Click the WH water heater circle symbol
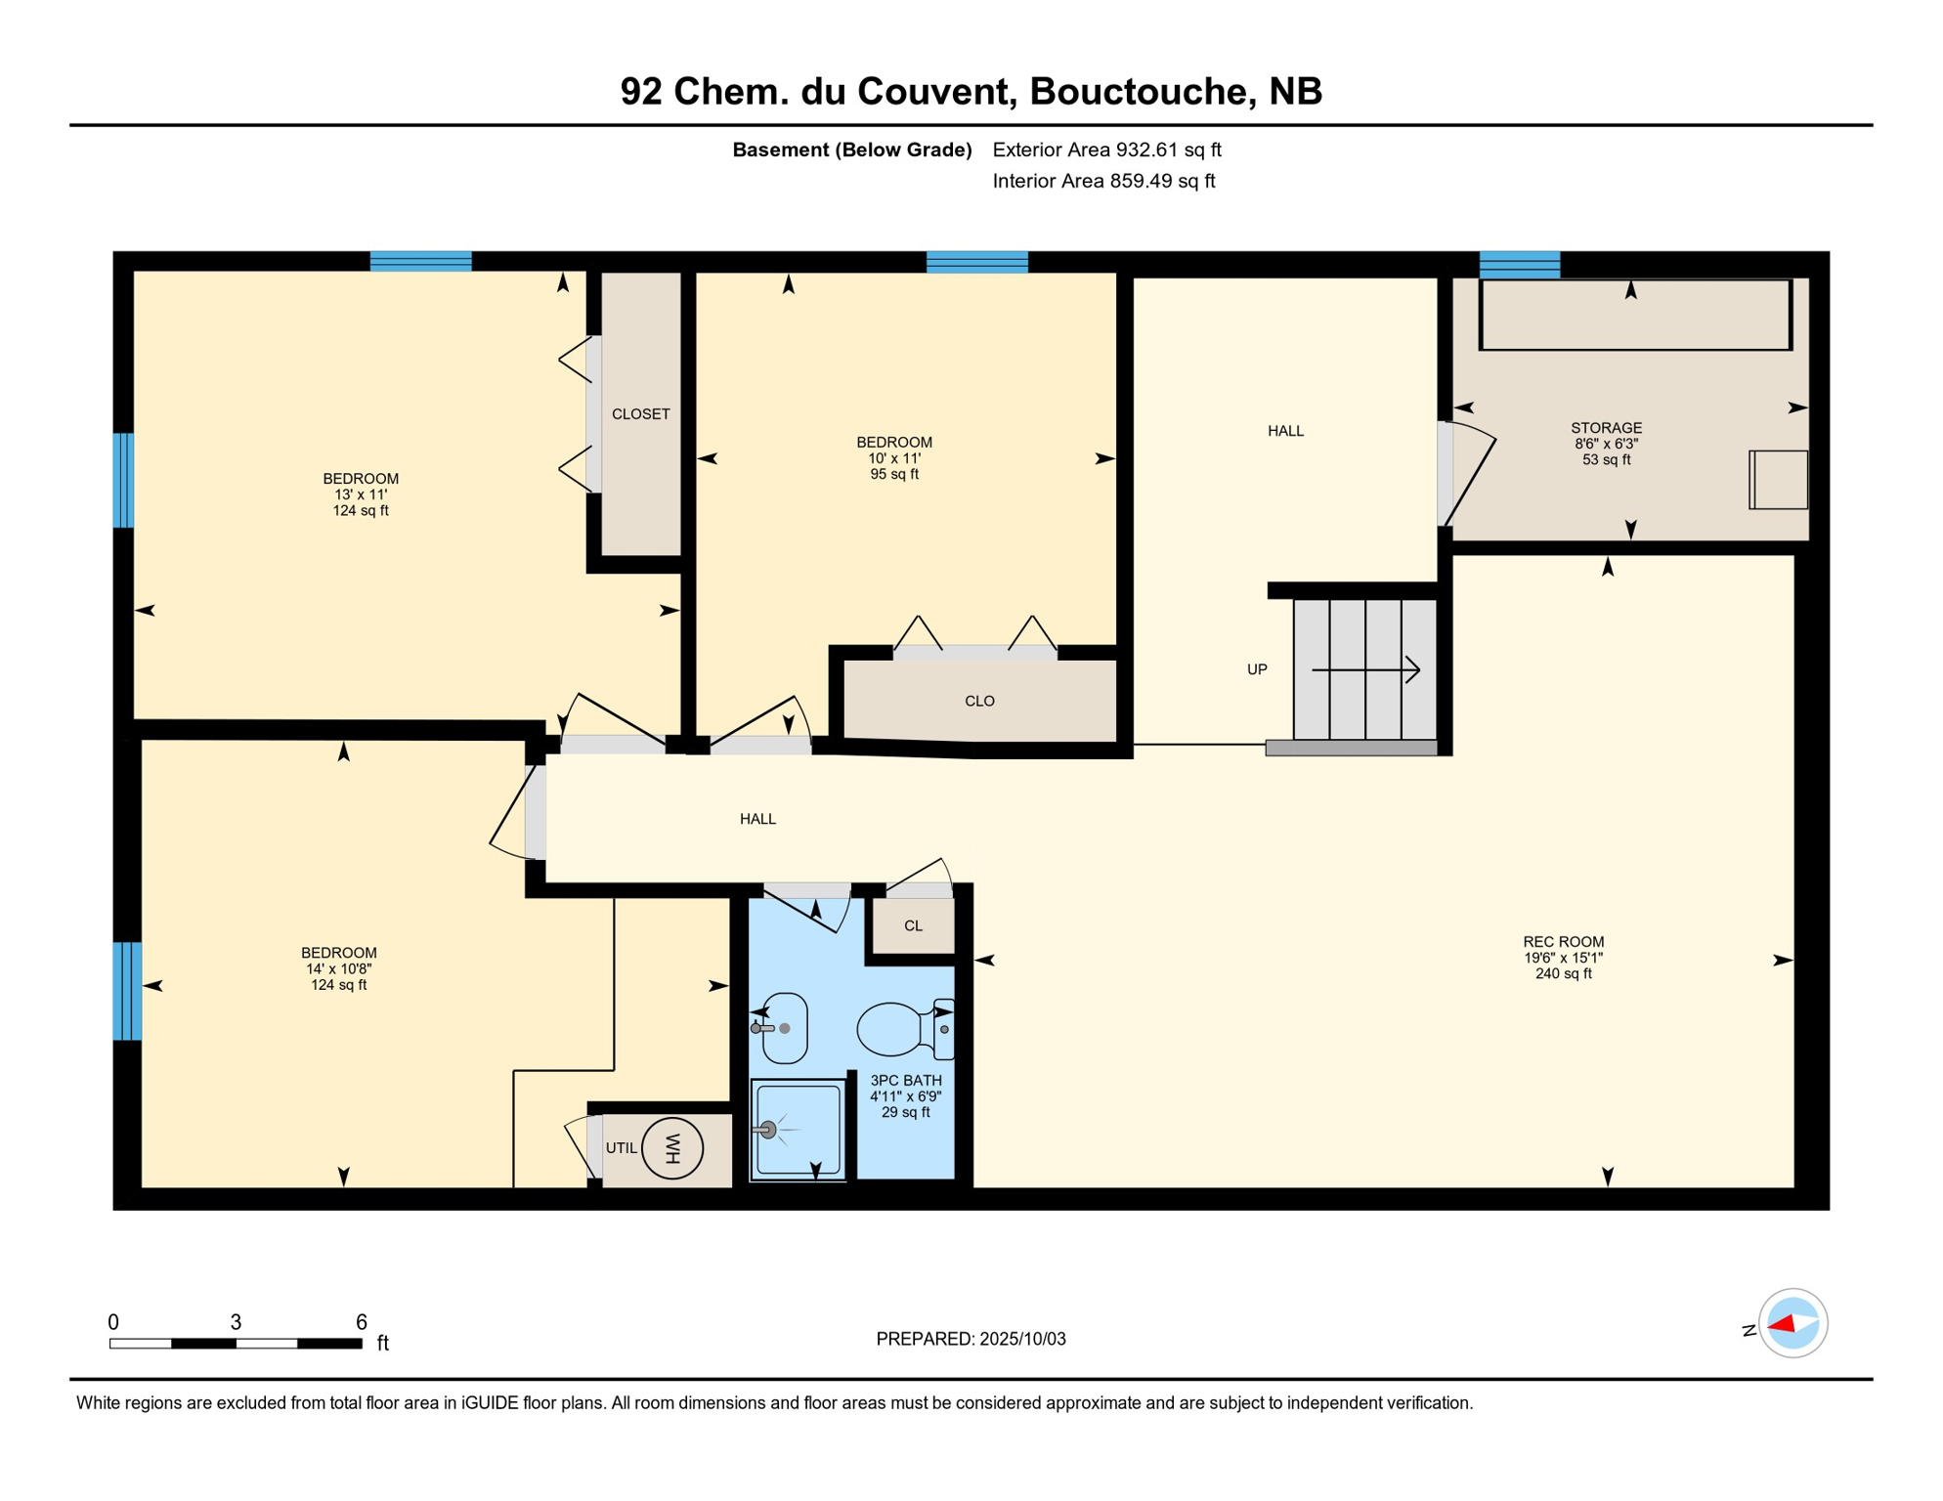(672, 1148)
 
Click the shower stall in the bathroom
(798, 1130)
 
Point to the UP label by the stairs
(1257, 669)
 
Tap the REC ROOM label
(1563, 942)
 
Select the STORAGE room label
(1606, 428)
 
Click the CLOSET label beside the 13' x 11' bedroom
(640, 414)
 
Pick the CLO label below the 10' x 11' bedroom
(979, 701)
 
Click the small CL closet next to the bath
(913, 925)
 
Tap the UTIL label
(621, 1148)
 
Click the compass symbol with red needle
(1792, 1323)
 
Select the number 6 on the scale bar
(361, 1322)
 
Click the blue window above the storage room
(1519, 264)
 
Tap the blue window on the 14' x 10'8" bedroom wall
(127, 991)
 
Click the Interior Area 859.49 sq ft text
(1103, 181)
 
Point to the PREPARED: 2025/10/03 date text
(971, 1339)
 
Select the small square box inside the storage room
(1778, 480)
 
